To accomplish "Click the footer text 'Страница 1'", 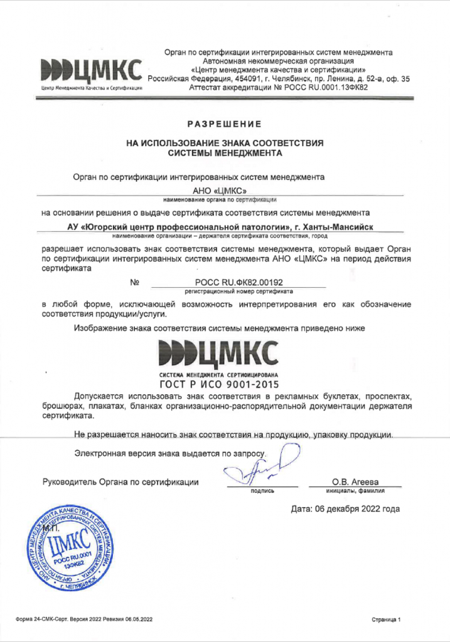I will click(x=385, y=619).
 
